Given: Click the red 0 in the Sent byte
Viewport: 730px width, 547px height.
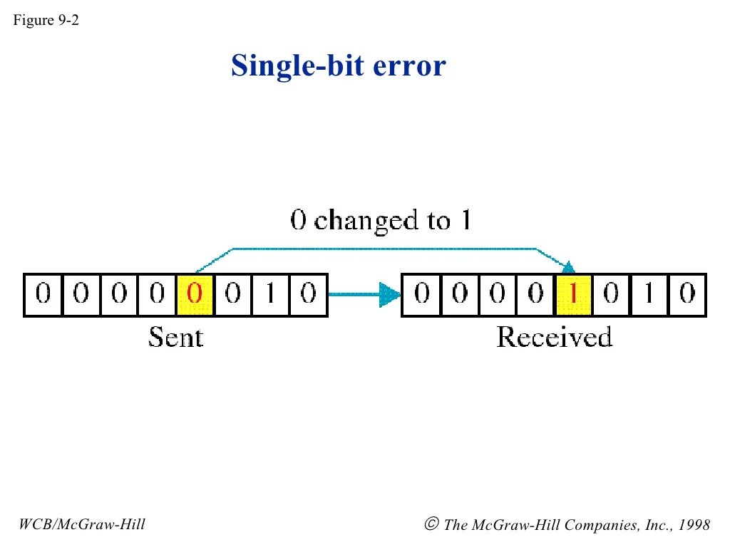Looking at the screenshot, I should [x=195, y=294].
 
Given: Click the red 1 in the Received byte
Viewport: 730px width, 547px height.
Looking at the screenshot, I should [x=573, y=294].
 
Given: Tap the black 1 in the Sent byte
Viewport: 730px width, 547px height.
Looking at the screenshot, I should [x=271, y=294].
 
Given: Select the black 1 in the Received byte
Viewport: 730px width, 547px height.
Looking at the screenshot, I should [x=649, y=294].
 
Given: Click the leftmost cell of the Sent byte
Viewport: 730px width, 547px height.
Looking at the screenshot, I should [x=43, y=294].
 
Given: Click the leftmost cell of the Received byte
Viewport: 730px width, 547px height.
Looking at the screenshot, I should [x=422, y=294].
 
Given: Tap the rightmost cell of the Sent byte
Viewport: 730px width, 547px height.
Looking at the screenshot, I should [x=308, y=294].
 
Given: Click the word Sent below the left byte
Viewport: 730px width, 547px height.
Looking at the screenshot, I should [x=175, y=336].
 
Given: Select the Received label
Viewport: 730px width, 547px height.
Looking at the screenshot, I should [x=554, y=336].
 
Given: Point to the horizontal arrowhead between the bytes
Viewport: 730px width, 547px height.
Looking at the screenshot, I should [x=389, y=294].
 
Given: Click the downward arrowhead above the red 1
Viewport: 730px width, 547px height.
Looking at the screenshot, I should [x=568, y=268].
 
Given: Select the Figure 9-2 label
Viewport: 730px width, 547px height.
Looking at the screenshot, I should [x=46, y=20].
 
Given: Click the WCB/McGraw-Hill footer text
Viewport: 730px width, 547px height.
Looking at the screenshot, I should [x=82, y=525].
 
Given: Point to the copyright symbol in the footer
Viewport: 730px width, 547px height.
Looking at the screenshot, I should [x=431, y=525].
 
